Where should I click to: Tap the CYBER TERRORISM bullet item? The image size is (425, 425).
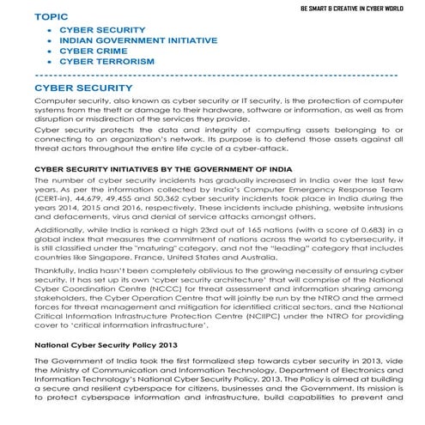click(x=106, y=61)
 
